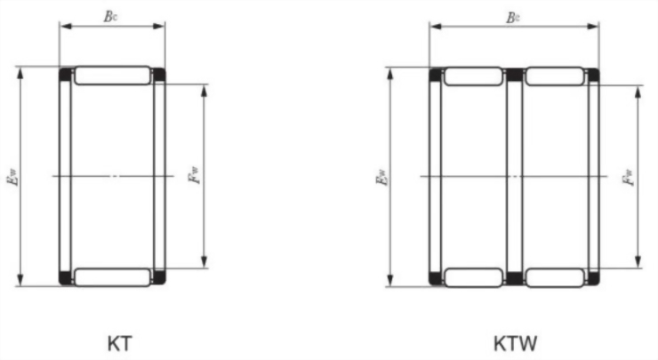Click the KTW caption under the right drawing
(515, 342)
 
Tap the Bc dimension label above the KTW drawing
(513, 16)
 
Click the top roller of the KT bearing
(112, 76)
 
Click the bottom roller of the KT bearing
(112, 276)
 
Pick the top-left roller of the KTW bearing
(472, 76)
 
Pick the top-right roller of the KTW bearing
(554, 76)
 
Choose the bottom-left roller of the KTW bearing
(472, 276)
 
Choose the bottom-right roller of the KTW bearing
(554, 276)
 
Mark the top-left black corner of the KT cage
(65, 74)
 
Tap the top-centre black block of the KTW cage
(513, 74)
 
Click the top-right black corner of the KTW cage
(591, 74)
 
